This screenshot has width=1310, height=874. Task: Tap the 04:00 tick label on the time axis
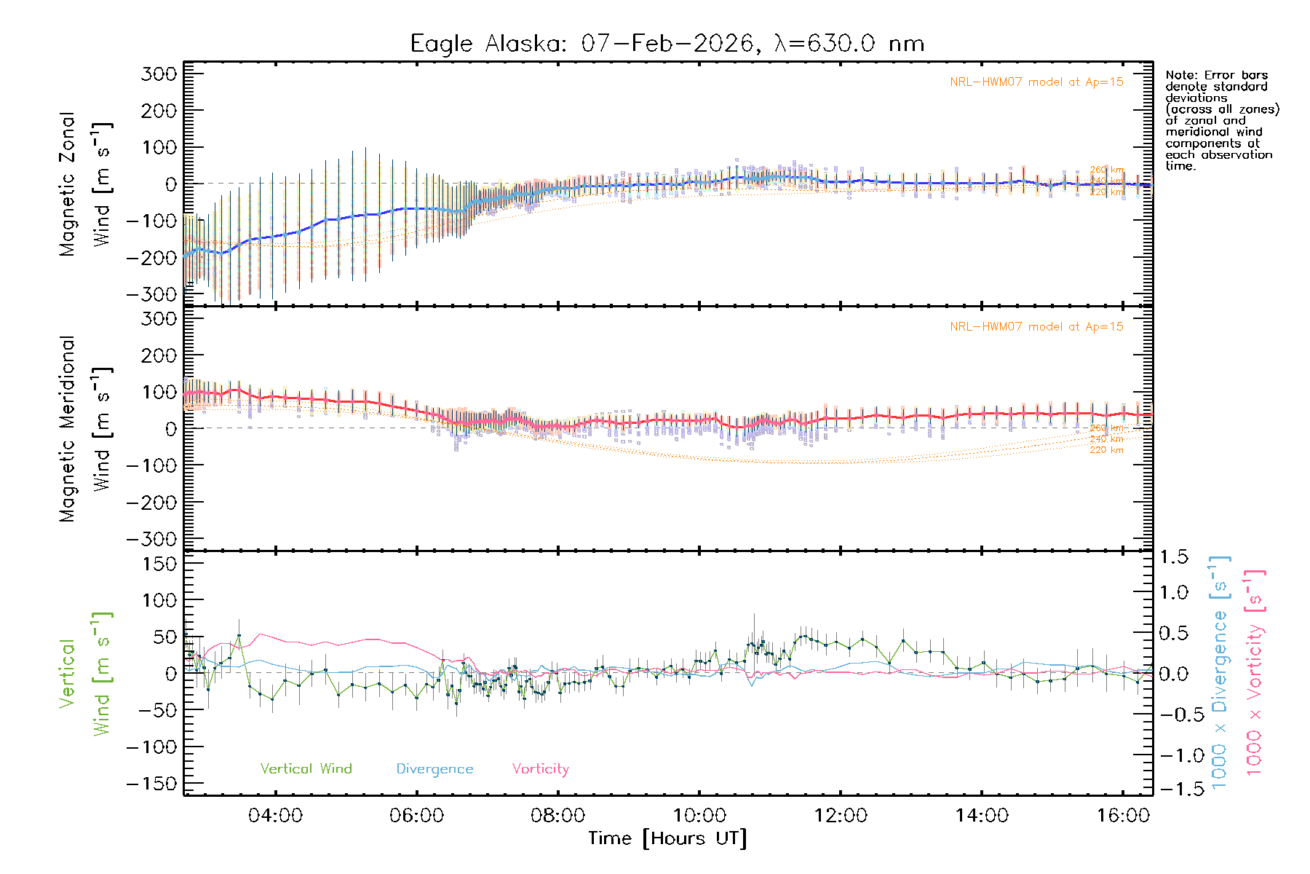(275, 816)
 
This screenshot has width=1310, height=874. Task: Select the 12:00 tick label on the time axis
(841, 816)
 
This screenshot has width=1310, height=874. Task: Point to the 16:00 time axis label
(1123, 816)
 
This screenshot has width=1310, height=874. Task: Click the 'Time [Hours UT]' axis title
(667, 838)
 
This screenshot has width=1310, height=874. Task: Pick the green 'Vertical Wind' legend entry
(306, 769)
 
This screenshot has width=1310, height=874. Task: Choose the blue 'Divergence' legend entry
(434, 769)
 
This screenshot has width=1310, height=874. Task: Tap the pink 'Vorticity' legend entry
(540, 769)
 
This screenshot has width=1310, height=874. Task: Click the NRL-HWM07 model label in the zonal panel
(1036, 82)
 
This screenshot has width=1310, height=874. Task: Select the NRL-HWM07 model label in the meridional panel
(1036, 327)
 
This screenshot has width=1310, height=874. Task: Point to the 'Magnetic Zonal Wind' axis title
(86, 184)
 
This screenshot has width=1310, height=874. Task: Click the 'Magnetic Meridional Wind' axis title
(86, 429)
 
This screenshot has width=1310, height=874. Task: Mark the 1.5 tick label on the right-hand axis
(1173, 557)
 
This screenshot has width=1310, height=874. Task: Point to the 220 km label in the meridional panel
(1106, 450)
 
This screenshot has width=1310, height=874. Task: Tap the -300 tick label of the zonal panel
(151, 294)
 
